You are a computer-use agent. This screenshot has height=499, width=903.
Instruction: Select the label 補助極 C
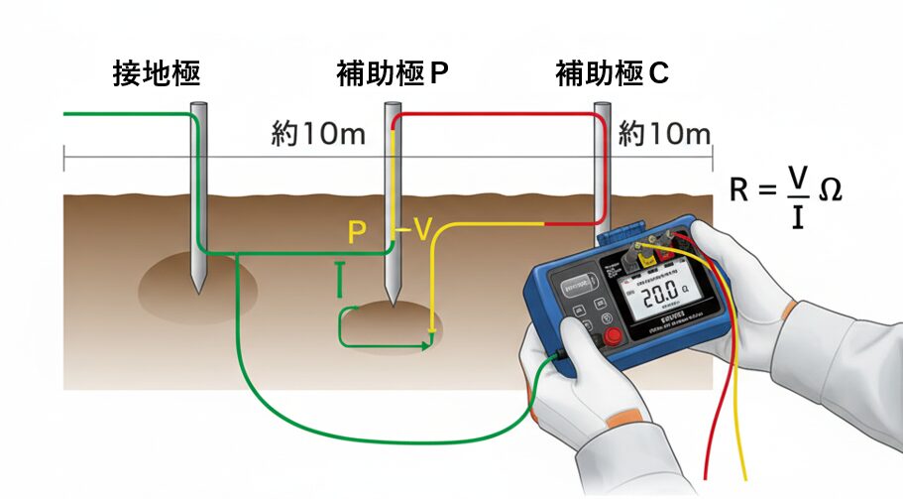pos(612,75)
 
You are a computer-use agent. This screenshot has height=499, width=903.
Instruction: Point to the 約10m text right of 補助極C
pos(664,135)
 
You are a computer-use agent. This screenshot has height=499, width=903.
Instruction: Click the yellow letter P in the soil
pos(358,233)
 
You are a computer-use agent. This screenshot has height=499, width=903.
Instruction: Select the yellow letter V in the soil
pos(421,231)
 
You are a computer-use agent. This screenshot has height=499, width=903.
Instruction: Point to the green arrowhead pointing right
pos(427,345)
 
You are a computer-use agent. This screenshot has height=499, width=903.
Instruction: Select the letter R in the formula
pos(739,189)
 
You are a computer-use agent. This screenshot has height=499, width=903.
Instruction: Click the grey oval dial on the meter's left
pos(574,289)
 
